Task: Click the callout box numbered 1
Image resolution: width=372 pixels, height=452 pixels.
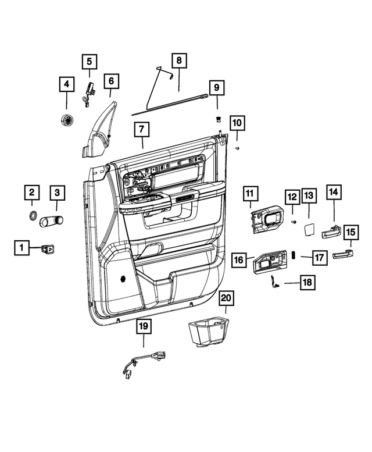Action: pos(22,248)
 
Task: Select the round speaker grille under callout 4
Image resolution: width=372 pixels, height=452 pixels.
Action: pos(67,120)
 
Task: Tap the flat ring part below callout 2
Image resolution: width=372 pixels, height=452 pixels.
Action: pos(32,217)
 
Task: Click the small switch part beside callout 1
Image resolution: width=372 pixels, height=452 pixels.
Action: pos(46,250)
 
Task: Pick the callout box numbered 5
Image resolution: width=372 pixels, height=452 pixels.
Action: pos(90,60)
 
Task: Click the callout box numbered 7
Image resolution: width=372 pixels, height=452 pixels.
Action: pos(141,129)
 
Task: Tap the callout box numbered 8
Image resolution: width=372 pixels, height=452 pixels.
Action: pos(179,60)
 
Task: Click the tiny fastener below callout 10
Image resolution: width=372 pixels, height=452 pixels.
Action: pos(238,149)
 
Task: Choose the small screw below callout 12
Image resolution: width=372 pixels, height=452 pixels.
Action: pos(293,222)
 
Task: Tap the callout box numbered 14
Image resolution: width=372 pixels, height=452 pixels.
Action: pos(334,191)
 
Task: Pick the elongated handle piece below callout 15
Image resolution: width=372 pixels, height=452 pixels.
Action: pos(343,254)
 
